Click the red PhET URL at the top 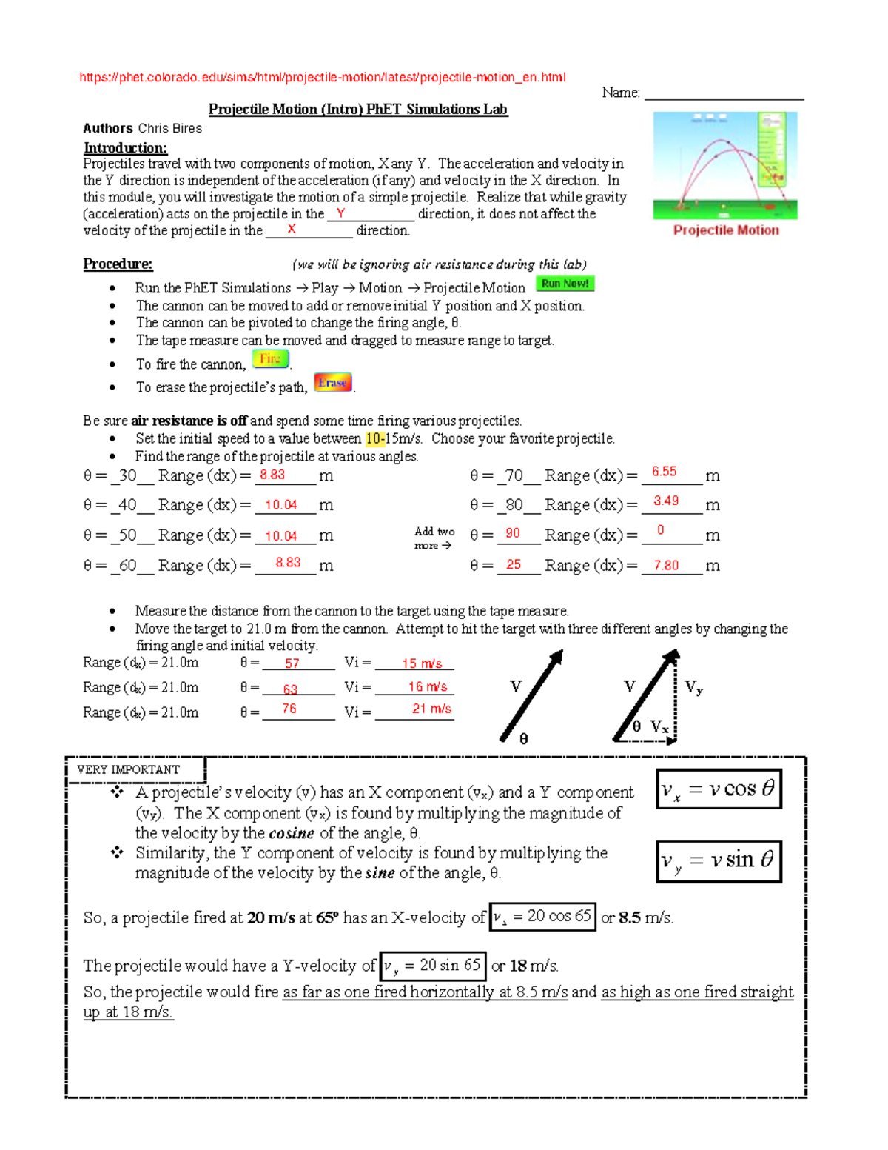[x=323, y=78]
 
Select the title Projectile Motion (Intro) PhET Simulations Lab [x=357, y=110]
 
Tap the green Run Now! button [x=565, y=284]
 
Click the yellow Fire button [x=270, y=359]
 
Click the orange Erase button [x=332, y=382]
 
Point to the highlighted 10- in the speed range [x=375, y=438]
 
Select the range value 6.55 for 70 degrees [x=664, y=472]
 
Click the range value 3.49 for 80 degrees [x=665, y=501]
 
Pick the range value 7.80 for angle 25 [x=665, y=565]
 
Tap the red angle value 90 [x=512, y=533]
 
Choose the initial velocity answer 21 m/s [x=431, y=709]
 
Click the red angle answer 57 [x=292, y=663]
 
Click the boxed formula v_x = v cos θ [x=719, y=789]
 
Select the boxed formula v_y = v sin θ [x=719, y=860]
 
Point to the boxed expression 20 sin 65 [x=433, y=966]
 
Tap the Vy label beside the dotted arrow [x=693, y=687]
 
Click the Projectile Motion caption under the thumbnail [x=725, y=230]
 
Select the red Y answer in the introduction [x=340, y=213]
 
